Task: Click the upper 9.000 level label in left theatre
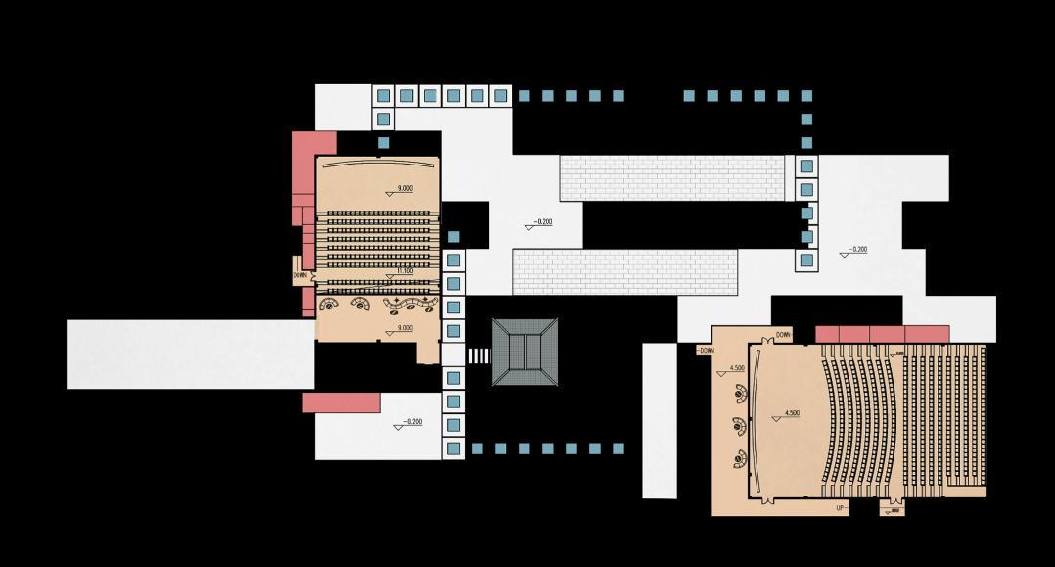404,188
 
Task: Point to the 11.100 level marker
403,270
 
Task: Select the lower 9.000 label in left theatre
403,329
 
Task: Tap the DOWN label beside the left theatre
300,276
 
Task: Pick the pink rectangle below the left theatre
341,402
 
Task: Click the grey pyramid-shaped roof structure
526,352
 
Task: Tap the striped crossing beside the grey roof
478,354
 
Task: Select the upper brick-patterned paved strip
671,178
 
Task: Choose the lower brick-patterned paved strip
624,272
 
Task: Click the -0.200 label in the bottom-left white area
411,423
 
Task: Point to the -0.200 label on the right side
856,250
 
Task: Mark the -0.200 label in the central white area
541,222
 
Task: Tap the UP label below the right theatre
840,508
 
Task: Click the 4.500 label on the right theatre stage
791,414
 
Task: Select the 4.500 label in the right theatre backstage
736,369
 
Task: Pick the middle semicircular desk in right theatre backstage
740,426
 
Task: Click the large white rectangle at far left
190,354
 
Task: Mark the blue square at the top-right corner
806,96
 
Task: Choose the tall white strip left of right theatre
660,420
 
